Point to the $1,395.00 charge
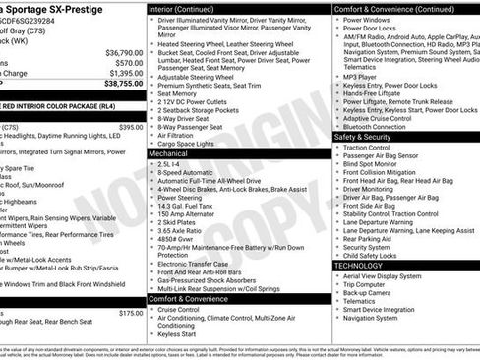tap(125, 73)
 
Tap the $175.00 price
tap(130, 312)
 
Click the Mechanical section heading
tap(168, 153)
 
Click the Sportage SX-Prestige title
tap(59, 8)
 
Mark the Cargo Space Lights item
tap(187, 144)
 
